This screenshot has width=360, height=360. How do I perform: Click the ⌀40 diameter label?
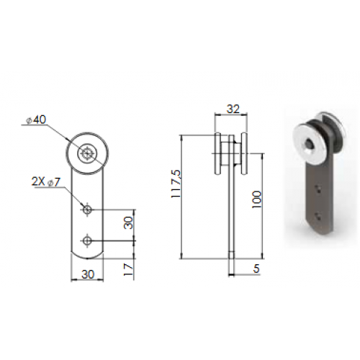tap(36, 120)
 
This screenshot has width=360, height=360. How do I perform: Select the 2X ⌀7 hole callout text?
tap(46, 182)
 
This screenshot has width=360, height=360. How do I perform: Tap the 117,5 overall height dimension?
tap(176, 184)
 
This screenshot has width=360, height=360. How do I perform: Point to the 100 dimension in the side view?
tap(256, 199)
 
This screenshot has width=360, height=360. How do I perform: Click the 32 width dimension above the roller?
tap(233, 109)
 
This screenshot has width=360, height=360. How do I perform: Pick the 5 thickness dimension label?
tap(256, 269)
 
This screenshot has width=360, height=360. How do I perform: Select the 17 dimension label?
tap(128, 269)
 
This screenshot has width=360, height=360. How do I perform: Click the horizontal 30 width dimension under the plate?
tap(88, 274)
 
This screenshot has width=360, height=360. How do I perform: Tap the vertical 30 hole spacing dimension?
tap(128, 222)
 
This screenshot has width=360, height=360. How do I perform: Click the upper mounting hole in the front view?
tap(87, 210)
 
